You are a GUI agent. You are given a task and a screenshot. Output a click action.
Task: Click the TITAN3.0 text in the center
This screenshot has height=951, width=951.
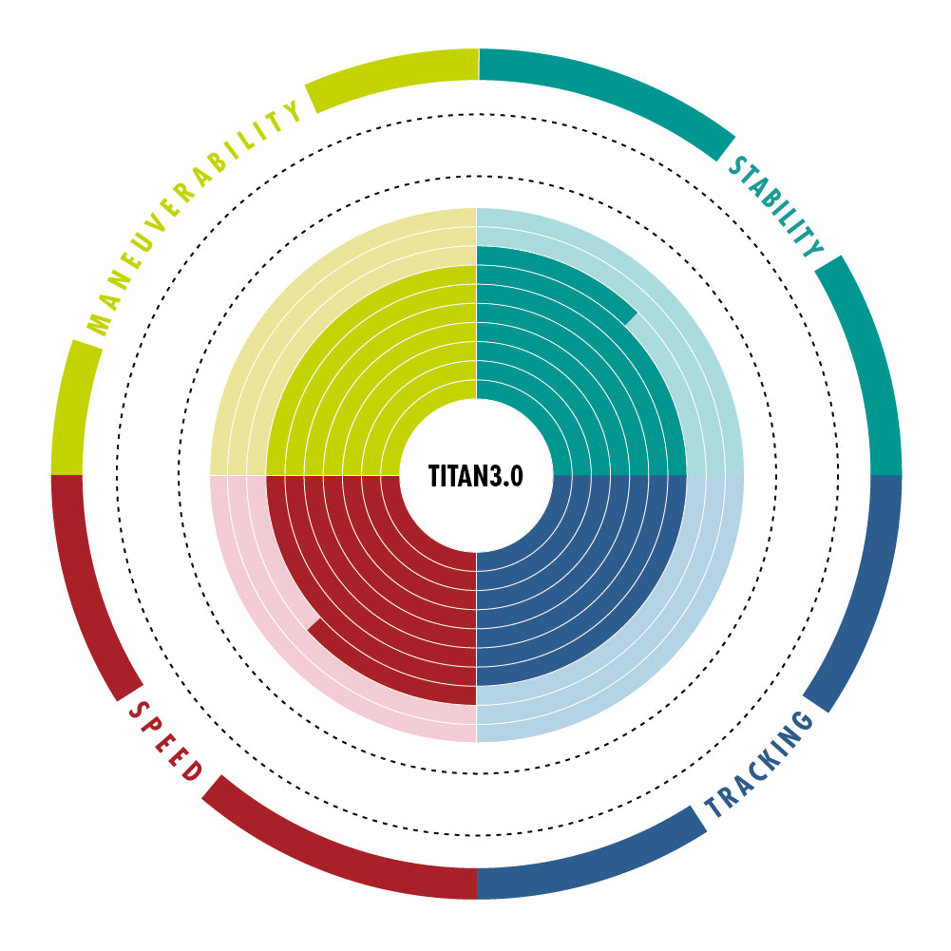[475, 476]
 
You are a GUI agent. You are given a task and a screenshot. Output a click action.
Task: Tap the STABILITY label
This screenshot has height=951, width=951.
[777, 206]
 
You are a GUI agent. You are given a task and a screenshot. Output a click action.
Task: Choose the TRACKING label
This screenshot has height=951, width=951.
[759, 764]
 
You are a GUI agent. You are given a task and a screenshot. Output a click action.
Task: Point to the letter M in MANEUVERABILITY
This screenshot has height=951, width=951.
[98, 324]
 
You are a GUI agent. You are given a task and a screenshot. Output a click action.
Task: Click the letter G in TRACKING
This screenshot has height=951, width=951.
[801, 722]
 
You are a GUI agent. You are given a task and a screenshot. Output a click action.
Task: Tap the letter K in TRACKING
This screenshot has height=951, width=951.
[767, 761]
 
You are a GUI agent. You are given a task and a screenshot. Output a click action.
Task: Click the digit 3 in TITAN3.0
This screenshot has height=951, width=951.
[496, 476]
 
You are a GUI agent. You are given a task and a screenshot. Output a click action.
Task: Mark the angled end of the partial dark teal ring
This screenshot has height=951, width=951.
[631, 319]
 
